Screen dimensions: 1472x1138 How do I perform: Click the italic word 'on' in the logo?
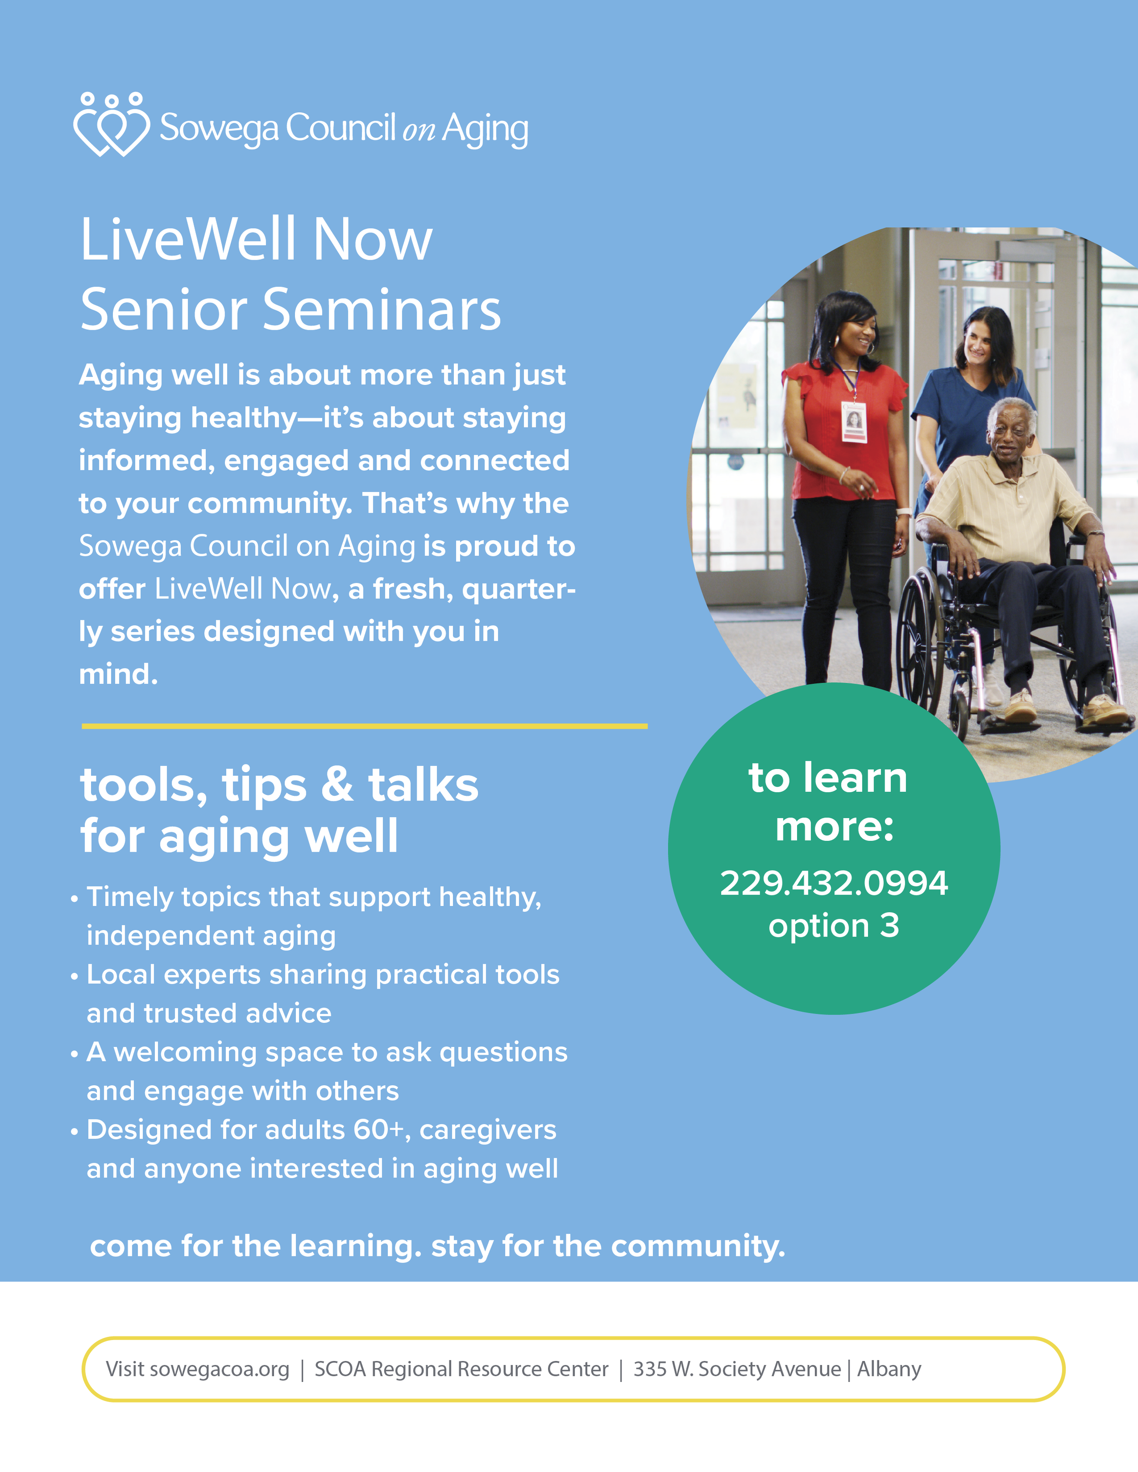419,131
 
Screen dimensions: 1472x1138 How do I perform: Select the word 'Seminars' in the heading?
381,310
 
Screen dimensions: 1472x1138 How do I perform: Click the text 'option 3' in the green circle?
833,926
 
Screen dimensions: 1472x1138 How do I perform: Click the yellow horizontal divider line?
364,726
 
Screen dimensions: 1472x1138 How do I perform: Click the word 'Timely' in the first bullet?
127,897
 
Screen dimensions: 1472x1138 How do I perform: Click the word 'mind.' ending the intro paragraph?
118,674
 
